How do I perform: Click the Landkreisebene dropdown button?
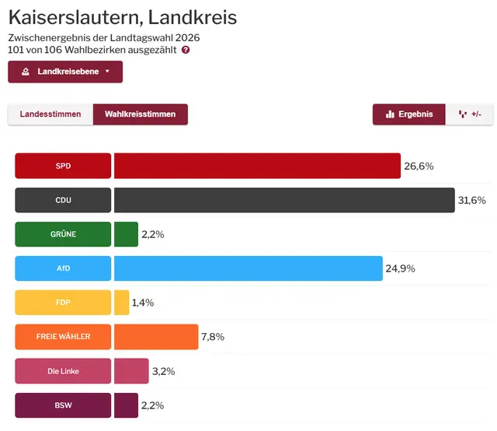[x=65, y=72]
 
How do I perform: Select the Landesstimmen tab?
[x=50, y=114]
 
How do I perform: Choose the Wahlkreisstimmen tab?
[x=140, y=114]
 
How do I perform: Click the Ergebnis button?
[x=409, y=114]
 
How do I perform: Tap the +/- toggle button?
[x=470, y=114]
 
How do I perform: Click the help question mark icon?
[x=186, y=50]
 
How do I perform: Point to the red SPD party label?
[x=63, y=166]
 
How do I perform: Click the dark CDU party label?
[x=63, y=200]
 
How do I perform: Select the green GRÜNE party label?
[x=63, y=234]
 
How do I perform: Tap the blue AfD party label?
[x=63, y=268]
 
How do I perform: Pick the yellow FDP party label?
[x=63, y=303]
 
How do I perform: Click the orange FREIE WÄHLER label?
[x=63, y=337]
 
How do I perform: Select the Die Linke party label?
[x=63, y=371]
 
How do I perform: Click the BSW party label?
[x=63, y=405]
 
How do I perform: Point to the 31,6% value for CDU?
[x=472, y=200]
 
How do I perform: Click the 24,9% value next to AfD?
[x=400, y=268]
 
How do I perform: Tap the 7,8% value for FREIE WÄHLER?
[x=213, y=337]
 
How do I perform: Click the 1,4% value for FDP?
[x=143, y=303]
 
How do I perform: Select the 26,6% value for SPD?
[x=419, y=166]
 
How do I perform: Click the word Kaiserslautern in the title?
[x=75, y=17]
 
